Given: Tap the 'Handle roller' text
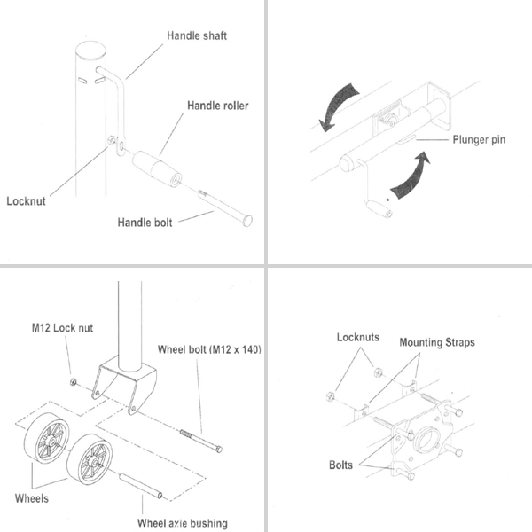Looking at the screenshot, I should (217, 106).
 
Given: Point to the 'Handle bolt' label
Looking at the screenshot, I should (145, 221).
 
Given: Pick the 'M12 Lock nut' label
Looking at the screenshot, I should (58, 328).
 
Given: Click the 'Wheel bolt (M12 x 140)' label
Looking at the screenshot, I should (209, 348).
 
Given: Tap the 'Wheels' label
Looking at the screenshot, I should (32, 499).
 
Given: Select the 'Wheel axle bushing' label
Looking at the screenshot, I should (183, 523).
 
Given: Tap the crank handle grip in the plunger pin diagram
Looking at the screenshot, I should (379, 210).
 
